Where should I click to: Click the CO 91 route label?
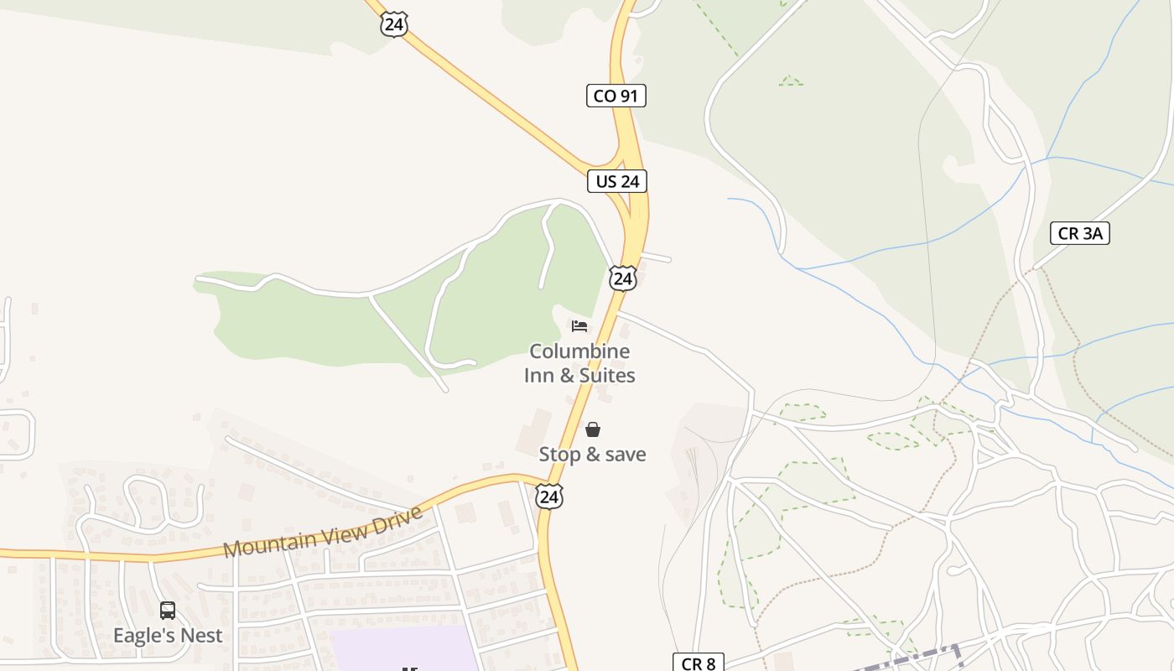click(x=616, y=96)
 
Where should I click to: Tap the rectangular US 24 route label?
click(x=616, y=180)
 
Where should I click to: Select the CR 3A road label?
click(x=1079, y=233)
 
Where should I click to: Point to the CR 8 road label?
click(x=698, y=663)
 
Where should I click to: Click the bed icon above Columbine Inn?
click(x=579, y=325)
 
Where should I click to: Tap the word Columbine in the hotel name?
click(x=579, y=351)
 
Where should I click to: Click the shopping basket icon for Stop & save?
click(x=593, y=429)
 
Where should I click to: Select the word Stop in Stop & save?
click(x=559, y=455)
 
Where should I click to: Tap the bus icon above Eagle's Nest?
click(x=168, y=610)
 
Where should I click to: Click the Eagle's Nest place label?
click(x=168, y=635)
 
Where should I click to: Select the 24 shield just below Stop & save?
click(x=548, y=497)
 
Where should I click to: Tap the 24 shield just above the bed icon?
click(x=622, y=278)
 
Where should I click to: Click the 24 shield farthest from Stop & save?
click(x=393, y=23)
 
